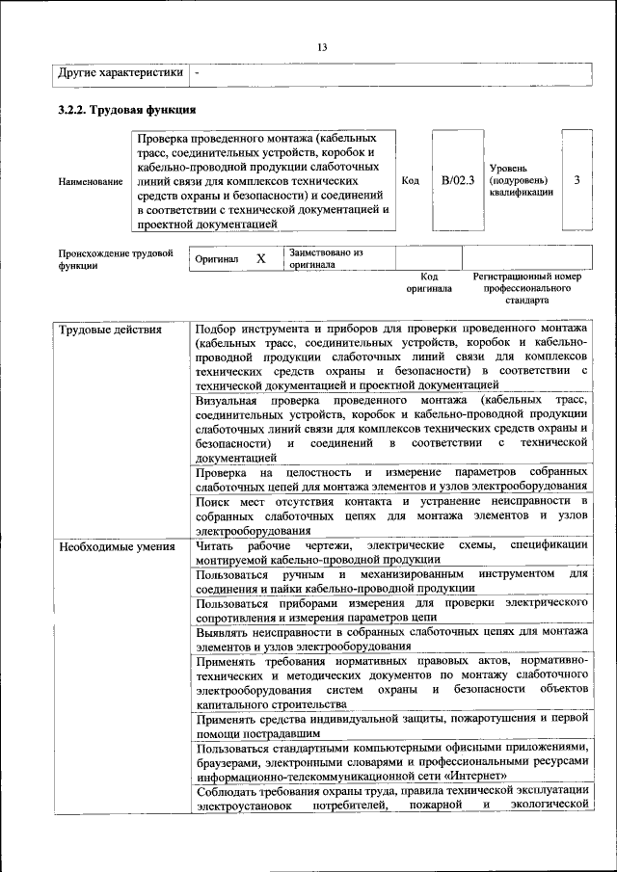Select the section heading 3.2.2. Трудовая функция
click(127, 109)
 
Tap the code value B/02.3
click(458, 180)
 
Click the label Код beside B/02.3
click(410, 180)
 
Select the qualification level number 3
click(577, 180)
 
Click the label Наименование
click(91, 181)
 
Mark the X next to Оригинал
click(260, 259)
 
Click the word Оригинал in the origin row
click(217, 259)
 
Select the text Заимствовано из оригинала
click(324, 258)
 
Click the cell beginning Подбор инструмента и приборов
click(391, 357)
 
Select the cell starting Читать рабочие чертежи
click(391, 552)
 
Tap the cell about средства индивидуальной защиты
click(391, 725)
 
